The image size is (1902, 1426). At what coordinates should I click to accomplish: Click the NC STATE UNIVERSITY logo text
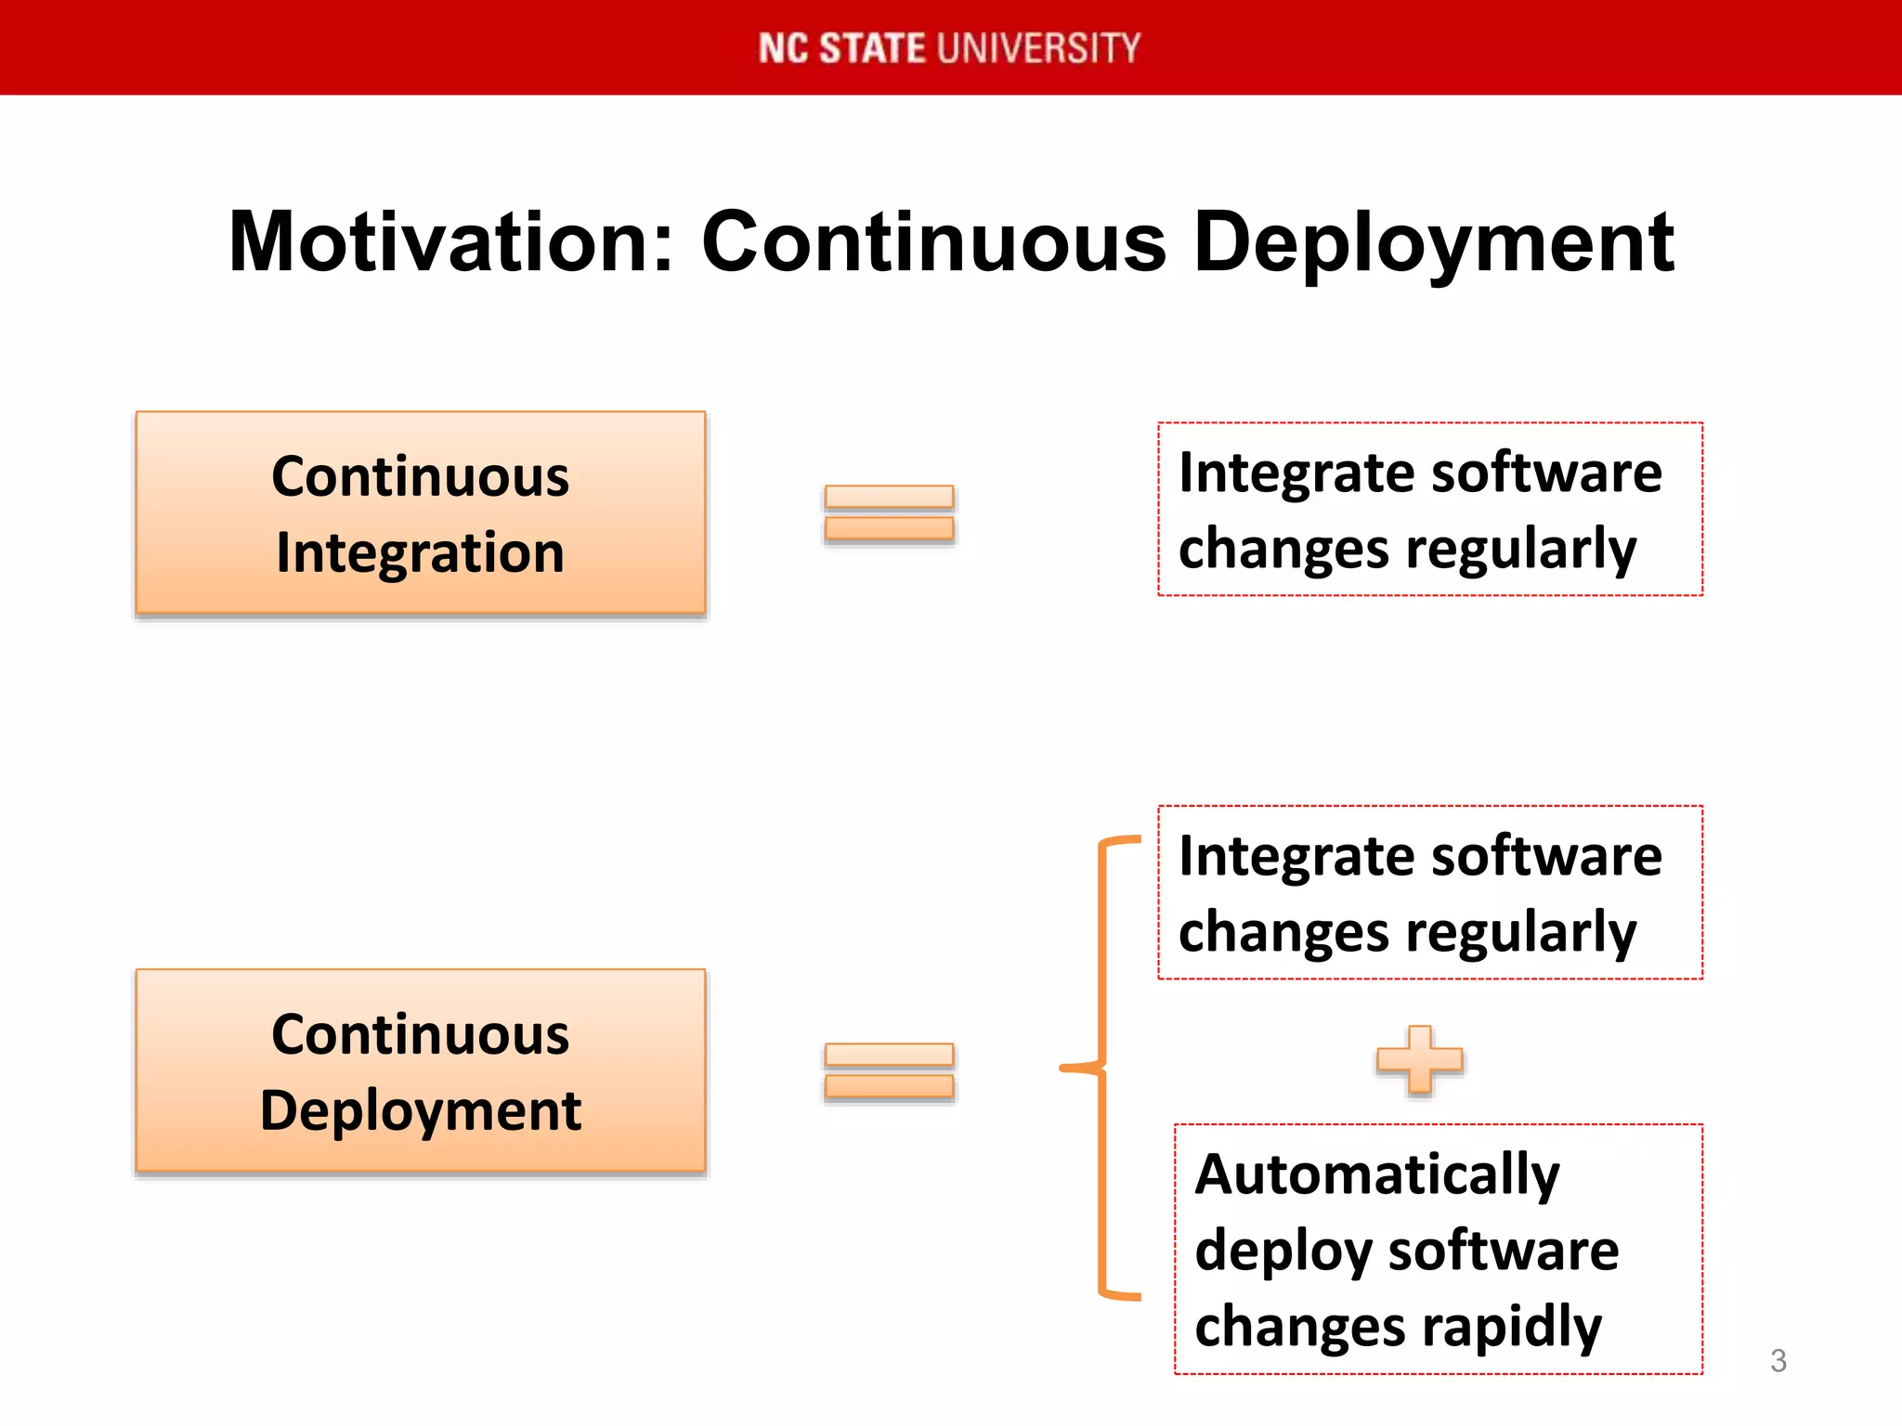pyautogui.click(x=949, y=48)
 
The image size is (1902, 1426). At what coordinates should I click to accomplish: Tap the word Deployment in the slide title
pyautogui.click(x=1433, y=243)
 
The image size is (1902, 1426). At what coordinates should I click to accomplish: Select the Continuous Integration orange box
pyautogui.click(x=421, y=512)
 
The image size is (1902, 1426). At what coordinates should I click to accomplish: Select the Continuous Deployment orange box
pyautogui.click(x=421, y=1070)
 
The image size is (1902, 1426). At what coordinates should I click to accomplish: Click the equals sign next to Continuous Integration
pyautogui.click(x=889, y=512)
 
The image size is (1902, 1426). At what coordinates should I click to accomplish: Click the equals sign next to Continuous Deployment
pyautogui.click(x=889, y=1070)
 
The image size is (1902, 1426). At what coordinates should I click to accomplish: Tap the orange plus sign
pyautogui.click(x=1419, y=1058)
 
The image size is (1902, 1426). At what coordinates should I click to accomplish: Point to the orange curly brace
pyautogui.click(x=1102, y=1068)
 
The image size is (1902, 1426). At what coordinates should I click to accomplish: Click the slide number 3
pyautogui.click(x=1778, y=1361)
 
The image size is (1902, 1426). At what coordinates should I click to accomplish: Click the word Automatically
pyautogui.click(x=1376, y=1175)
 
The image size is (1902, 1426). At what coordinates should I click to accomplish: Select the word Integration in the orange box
pyautogui.click(x=421, y=553)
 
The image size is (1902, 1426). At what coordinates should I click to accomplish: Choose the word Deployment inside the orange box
pyautogui.click(x=421, y=1111)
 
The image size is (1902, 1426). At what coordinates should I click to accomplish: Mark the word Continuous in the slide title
pyautogui.click(x=933, y=243)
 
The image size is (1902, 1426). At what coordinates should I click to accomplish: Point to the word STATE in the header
pyautogui.click(x=871, y=48)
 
